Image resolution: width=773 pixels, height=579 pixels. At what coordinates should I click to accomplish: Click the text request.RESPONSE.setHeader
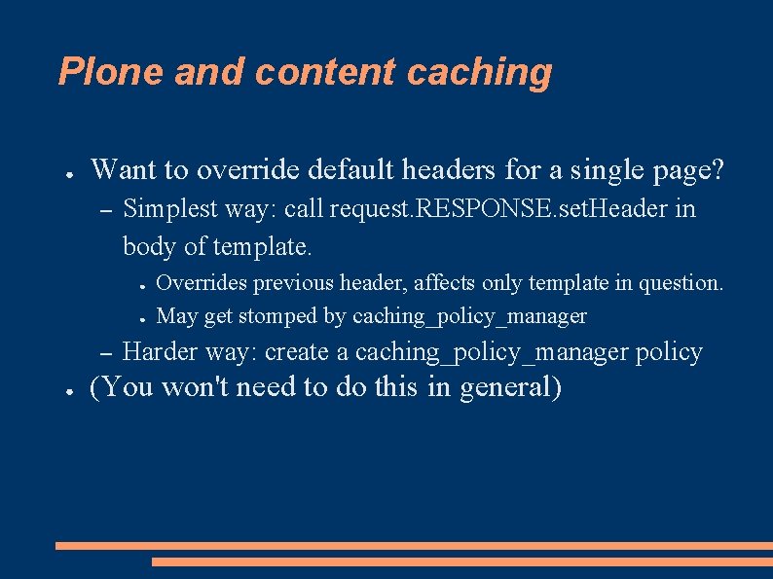coord(485,209)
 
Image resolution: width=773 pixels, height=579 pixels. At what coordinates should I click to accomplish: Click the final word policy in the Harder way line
coord(669,352)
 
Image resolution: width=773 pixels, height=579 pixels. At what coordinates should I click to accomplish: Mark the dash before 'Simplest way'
coord(106,210)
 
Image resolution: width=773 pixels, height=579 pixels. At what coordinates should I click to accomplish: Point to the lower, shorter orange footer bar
coord(461,561)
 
